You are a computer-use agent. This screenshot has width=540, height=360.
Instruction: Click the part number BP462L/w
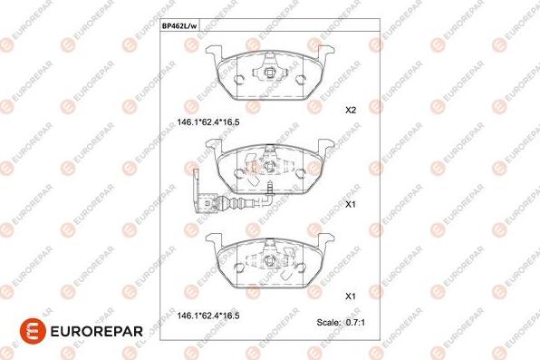[x=179, y=26]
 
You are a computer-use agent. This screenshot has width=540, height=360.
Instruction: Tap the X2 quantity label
[x=351, y=111]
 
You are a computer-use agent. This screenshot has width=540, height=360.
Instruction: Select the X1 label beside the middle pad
[x=351, y=204]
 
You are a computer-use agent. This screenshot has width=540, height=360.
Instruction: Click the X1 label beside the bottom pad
[x=351, y=297]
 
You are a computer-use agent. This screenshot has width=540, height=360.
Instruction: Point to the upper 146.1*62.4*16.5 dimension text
[x=208, y=122]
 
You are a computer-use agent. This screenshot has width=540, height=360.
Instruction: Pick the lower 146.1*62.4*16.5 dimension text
[x=208, y=316]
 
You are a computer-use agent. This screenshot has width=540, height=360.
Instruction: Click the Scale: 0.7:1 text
[x=341, y=323]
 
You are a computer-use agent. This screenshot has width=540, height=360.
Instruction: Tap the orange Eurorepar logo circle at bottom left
[x=33, y=331]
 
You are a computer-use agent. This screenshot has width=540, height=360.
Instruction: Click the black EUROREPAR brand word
[x=96, y=332]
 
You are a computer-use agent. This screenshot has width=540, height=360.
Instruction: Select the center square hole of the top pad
[x=268, y=73]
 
